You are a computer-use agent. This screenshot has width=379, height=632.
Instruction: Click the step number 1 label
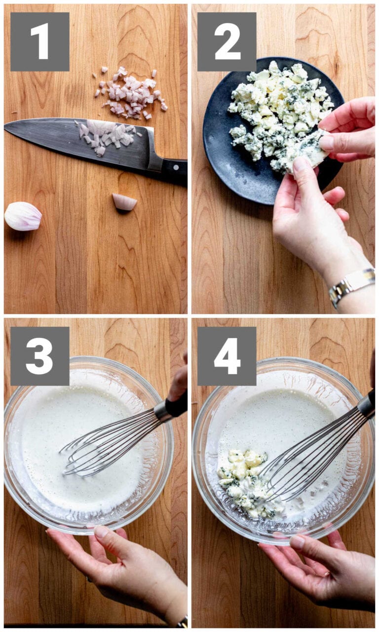point(39,41)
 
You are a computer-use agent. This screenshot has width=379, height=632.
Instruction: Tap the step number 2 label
point(227,41)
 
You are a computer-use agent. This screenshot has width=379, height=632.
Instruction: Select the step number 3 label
point(39,355)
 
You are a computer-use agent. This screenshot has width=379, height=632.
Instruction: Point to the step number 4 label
point(227,355)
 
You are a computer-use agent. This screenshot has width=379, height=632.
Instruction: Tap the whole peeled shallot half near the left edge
point(23,216)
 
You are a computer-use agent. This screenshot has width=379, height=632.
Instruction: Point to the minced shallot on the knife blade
point(106,135)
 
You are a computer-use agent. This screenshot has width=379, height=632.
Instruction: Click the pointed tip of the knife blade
point(7,127)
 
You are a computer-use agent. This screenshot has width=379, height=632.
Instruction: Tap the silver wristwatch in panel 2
point(351,285)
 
